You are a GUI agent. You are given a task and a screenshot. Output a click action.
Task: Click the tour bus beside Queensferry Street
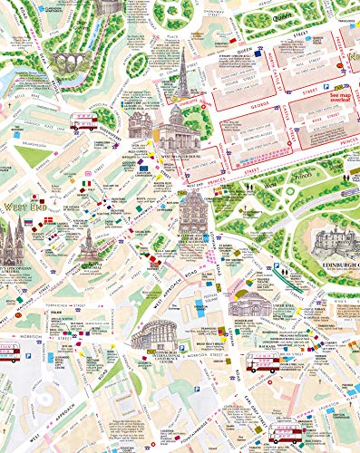pyautogui.click(x=84, y=123)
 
